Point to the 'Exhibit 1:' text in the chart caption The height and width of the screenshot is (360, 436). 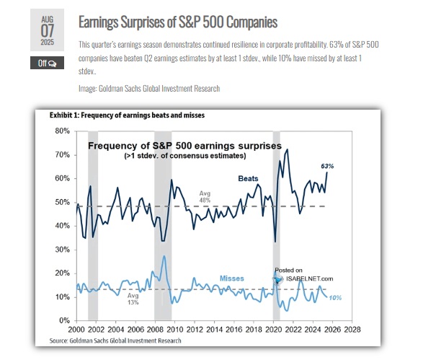click(66, 115)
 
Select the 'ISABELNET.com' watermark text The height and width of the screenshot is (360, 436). click(311, 278)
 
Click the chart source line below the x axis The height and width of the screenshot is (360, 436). click(115, 340)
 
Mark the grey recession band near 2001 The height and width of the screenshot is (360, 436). click(92, 224)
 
